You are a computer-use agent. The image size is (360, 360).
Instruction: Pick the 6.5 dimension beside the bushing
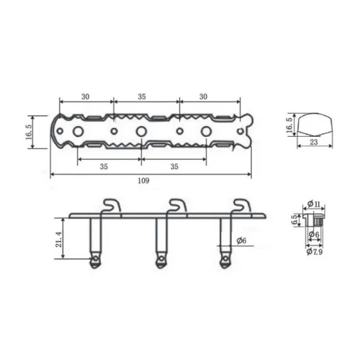point(294,220)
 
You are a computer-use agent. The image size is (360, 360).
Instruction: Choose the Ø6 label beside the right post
point(242,240)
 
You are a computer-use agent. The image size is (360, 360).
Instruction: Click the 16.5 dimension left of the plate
point(28,132)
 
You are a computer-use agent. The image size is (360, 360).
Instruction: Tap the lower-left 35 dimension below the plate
point(104,166)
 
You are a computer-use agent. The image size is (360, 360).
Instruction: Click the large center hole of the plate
point(141,131)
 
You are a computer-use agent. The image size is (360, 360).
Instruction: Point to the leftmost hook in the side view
point(109,206)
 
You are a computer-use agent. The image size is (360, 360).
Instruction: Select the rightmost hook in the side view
point(237,206)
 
